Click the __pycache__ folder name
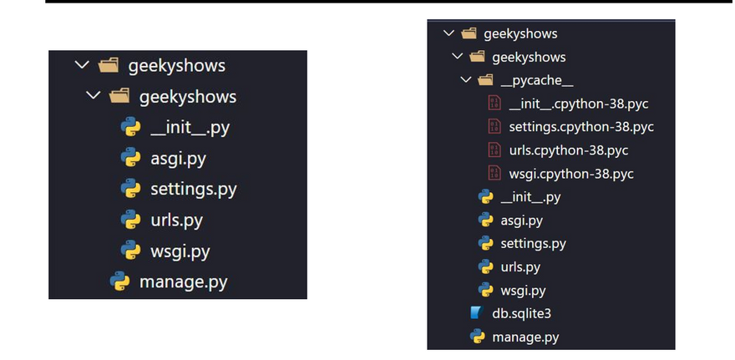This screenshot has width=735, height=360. click(536, 81)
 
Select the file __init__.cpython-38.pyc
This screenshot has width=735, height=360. click(579, 104)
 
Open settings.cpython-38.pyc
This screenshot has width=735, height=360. click(580, 128)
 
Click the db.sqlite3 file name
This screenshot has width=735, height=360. click(521, 314)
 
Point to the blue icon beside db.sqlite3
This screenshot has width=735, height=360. click(477, 314)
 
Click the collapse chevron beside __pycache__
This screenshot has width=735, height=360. click(465, 81)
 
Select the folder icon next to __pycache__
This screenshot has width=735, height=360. click(485, 81)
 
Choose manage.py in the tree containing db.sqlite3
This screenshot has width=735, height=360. click(525, 337)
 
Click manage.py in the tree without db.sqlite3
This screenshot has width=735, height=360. click(183, 281)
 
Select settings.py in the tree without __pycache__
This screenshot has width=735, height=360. click(194, 189)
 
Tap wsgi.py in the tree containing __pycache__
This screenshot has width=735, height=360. click(523, 291)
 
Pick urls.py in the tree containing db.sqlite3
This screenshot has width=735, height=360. click(520, 267)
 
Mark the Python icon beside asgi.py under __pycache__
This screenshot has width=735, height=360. click(485, 221)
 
